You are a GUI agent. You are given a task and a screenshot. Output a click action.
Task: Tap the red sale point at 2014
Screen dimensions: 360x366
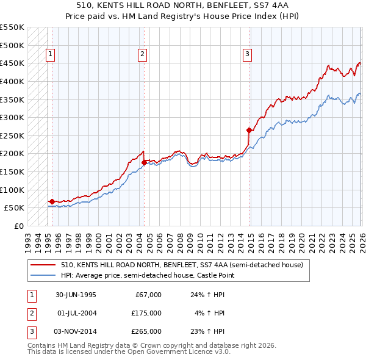click(x=249, y=130)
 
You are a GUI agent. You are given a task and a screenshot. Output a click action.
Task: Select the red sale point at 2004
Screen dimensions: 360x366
click(x=144, y=162)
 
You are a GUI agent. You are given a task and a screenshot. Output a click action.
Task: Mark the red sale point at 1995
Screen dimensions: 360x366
click(x=52, y=201)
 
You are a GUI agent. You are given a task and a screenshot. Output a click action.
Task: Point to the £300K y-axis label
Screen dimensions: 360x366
click(x=12, y=117)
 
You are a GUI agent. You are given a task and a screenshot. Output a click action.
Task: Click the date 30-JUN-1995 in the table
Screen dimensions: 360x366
click(x=76, y=295)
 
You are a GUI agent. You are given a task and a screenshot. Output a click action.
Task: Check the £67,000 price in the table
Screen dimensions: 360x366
click(x=148, y=295)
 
